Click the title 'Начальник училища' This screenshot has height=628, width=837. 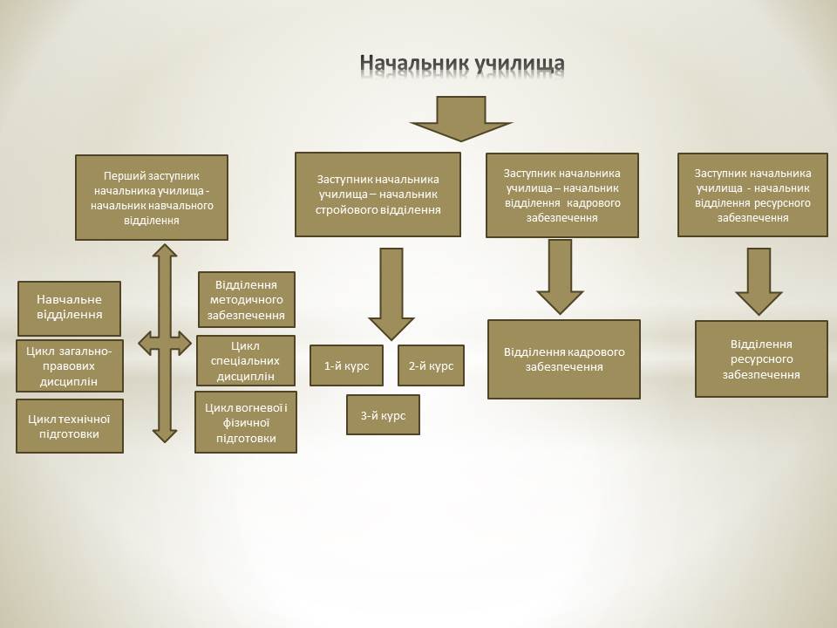coord(462,63)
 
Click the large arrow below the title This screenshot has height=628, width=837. coord(461,119)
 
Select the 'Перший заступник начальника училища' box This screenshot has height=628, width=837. coord(152,198)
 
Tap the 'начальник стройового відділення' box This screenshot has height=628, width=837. coord(378,195)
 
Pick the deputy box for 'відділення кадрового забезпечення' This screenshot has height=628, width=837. coord(562,195)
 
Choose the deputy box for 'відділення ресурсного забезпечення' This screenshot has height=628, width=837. coord(752,195)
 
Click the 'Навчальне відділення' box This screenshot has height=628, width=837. coord(70,308)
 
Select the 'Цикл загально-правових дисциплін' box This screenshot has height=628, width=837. coord(70,365)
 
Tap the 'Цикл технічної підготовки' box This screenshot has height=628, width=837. coord(70,427)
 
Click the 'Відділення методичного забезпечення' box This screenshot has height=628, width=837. coord(246,299)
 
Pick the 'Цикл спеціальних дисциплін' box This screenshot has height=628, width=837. coord(246,360)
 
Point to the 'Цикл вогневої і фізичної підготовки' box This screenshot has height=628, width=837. coord(246,422)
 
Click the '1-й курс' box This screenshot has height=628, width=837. coord(346,365)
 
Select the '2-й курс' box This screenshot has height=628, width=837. coord(431,365)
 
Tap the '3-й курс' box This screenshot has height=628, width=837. coord(383,415)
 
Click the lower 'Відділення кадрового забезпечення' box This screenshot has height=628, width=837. coord(564,359)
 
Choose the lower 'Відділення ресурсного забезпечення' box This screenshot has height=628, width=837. coord(761,358)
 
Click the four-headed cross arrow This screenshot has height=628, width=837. coord(165,344)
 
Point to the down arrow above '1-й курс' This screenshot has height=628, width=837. coord(391,294)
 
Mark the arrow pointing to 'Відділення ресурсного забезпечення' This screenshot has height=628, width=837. coord(759,282)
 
